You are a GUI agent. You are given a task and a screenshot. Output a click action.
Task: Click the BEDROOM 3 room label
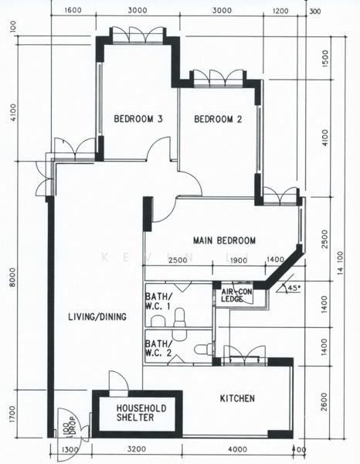(x=138, y=119)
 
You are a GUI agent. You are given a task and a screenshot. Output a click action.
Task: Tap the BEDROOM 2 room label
(x=218, y=119)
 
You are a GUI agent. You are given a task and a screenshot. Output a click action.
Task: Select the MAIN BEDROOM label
(x=224, y=241)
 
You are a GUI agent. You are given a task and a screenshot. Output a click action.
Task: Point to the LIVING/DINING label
(x=97, y=317)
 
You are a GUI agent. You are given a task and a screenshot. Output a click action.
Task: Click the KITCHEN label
(x=237, y=398)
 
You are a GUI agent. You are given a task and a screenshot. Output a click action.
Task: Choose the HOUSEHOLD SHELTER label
(x=141, y=413)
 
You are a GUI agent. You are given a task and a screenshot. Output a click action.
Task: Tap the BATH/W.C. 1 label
(x=158, y=301)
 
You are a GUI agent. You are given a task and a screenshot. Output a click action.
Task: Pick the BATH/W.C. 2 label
(x=158, y=348)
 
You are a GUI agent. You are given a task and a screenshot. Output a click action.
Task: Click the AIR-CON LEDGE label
(x=236, y=295)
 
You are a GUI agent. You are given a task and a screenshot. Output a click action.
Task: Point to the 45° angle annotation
(x=294, y=288)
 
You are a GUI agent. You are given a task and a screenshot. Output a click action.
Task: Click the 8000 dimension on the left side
(x=12, y=278)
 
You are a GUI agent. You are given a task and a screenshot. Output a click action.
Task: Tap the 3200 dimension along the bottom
(x=137, y=449)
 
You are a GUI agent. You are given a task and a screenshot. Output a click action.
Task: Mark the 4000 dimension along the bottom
(x=238, y=449)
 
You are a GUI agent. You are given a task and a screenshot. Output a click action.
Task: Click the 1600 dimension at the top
(x=73, y=10)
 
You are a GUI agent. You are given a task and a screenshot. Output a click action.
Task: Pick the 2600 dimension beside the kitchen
(x=324, y=402)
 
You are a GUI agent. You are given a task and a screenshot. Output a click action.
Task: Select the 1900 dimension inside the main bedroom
(x=238, y=261)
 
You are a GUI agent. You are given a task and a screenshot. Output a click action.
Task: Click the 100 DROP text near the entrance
(x=69, y=426)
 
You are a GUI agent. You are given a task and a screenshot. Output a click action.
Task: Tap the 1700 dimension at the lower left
(x=12, y=414)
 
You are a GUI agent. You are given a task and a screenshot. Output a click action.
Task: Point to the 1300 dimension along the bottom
(x=70, y=450)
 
